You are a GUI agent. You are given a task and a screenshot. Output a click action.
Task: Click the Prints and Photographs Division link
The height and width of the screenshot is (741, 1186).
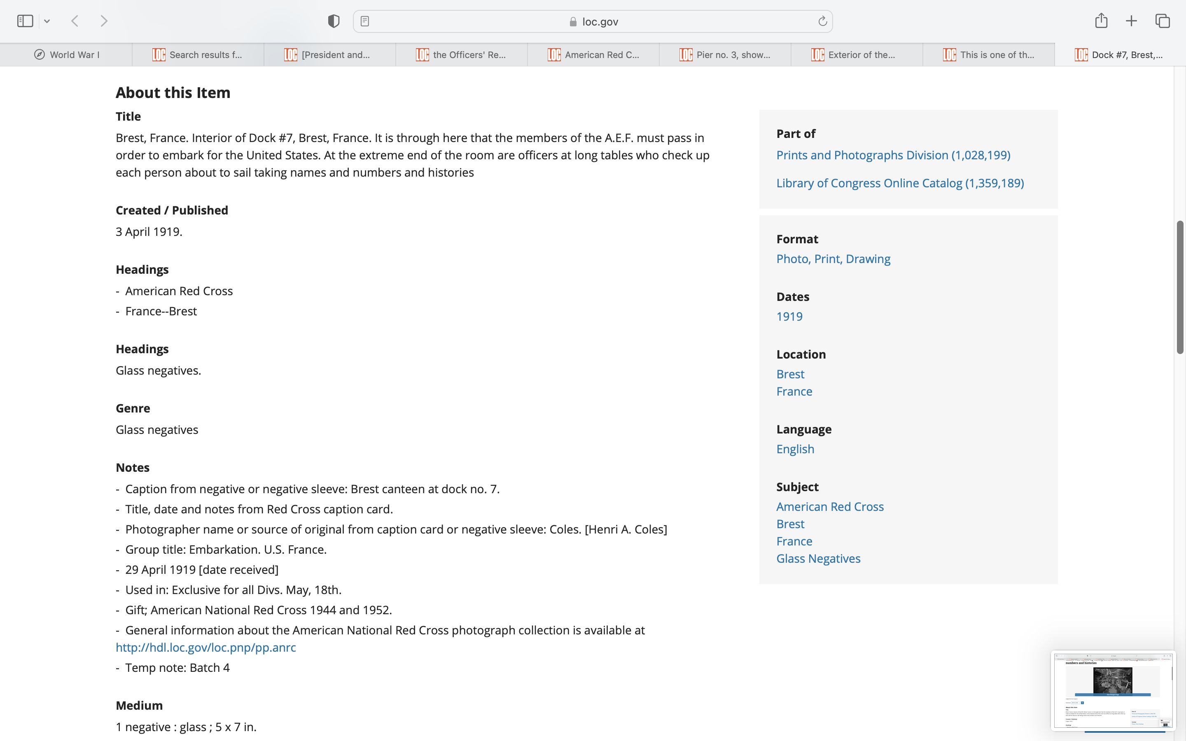[x=893, y=155]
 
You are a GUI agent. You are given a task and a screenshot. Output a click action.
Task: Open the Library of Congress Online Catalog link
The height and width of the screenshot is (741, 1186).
[x=900, y=183]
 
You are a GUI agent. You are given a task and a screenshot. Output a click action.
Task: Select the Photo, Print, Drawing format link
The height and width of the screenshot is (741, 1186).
[x=833, y=259]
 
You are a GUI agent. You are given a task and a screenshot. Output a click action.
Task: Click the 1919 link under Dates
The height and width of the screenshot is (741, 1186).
[x=789, y=317]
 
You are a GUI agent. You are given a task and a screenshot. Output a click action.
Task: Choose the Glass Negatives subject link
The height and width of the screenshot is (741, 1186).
[x=818, y=559]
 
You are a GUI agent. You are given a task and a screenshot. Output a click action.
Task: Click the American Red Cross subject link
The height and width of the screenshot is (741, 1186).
[x=830, y=507]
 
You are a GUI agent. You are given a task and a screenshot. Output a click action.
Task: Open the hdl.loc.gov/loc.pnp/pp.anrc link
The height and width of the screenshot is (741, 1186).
[x=206, y=648]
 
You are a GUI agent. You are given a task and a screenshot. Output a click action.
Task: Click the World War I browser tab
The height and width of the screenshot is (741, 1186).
[x=67, y=55]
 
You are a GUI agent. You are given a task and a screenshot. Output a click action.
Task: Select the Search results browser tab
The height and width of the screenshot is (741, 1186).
[x=198, y=55]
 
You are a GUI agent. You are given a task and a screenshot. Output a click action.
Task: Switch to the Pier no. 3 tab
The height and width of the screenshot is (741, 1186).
[x=725, y=55]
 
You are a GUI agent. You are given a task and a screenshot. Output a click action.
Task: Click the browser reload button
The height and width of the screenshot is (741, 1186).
[x=822, y=21]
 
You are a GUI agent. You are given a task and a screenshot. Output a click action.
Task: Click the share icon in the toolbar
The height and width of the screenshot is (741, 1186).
[x=1101, y=21]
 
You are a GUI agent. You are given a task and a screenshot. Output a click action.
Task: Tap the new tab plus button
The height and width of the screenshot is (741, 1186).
[x=1131, y=21]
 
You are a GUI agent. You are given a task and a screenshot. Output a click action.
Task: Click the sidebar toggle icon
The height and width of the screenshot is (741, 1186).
[x=25, y=21]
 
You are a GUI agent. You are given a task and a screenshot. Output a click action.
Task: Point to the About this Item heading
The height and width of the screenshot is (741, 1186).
[x=173, y=93]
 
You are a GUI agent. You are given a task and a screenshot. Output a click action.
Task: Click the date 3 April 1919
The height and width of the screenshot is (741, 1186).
[x=149, y=232]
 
